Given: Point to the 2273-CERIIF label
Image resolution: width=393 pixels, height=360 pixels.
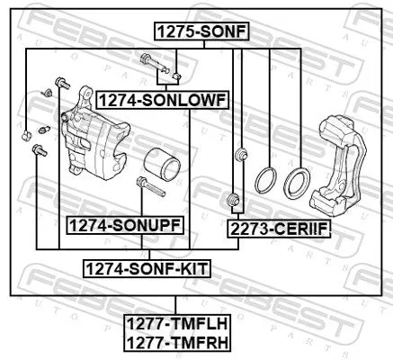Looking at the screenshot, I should point(279,230).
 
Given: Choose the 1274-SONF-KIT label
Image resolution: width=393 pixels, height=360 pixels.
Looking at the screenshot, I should point(146,268).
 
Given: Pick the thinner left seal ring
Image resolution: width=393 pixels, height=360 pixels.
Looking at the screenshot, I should point(265,180).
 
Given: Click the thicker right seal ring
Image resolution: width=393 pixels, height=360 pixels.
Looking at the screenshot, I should point(297,183).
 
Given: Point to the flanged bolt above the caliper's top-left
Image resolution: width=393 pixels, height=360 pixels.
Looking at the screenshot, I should point(61,83).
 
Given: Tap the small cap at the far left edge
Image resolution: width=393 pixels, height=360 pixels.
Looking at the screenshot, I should point(26,135).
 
